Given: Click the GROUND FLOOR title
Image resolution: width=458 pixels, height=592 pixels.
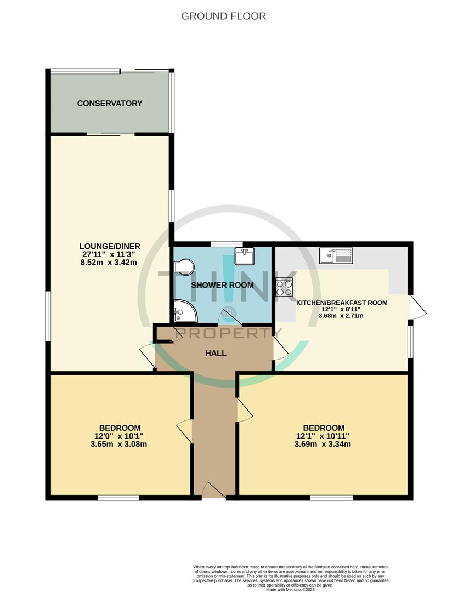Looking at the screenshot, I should pos(224,16).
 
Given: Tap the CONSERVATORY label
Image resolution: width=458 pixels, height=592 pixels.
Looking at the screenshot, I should pos(110,103).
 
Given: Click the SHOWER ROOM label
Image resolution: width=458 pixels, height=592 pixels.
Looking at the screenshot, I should pos(222,285).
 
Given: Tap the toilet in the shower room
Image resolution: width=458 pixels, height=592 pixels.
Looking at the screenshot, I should pos(183,267).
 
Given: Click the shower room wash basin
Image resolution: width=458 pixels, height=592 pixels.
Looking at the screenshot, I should pos(243,256).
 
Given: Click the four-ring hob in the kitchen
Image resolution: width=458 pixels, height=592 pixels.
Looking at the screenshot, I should pos(284,287).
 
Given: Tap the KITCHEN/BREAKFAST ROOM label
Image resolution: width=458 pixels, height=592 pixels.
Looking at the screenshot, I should pos(342,303).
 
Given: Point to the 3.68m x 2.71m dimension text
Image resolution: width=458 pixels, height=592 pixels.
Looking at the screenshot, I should pos(342,316).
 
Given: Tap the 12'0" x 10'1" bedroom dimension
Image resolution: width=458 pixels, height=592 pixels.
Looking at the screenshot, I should pos(120,436).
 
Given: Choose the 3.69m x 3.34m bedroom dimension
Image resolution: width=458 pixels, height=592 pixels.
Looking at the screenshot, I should pos(324,445).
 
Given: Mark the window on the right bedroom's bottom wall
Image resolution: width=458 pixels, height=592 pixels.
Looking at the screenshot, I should pos(331,498).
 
